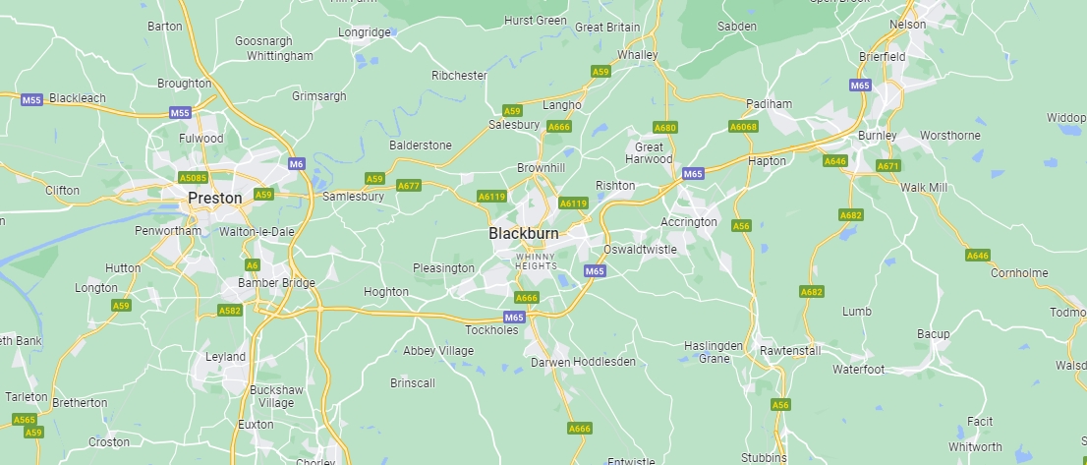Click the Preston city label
214,198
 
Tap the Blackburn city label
523,233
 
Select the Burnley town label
877,135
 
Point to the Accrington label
689,222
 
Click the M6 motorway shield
296,163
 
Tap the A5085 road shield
193,178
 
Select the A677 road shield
409,185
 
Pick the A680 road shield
665,128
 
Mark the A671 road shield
887,166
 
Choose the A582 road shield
229,311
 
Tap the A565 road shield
25,420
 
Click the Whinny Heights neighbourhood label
536,261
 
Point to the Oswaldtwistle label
640,249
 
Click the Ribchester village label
459,75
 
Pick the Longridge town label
365,32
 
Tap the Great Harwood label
649,152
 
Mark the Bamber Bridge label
276,283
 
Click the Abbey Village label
438,350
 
